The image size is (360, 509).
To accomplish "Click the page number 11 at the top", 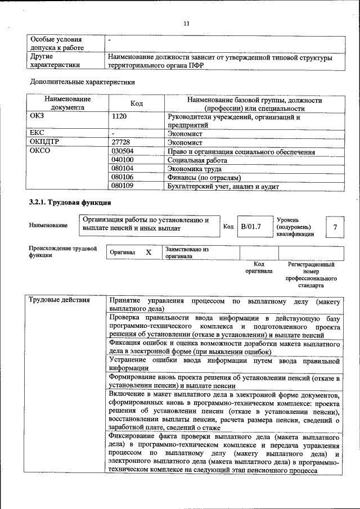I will [x=187, y=23].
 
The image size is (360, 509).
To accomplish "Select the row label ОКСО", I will [x=40, y=152].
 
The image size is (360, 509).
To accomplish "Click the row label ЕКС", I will [x=37, y=134].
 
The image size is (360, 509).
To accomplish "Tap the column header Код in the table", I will [x=137, y=104].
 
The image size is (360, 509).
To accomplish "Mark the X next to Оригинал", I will [x=148, y=253].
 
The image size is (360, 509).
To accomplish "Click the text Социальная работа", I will [x=194, y=160].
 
